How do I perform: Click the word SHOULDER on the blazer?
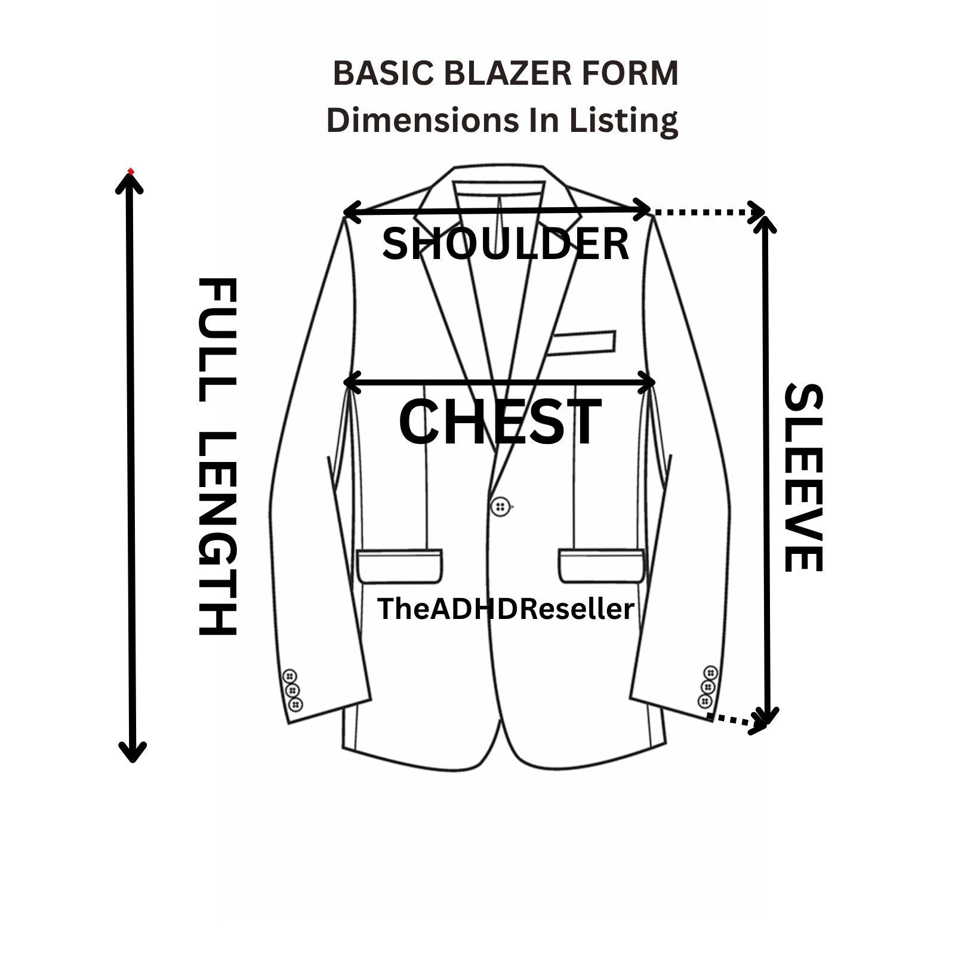pyautogui.click(x=506, y=244)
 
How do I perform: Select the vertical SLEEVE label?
pyautogui.click(x=803, y=478)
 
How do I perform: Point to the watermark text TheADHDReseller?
pyautogui.click(x=506, y=609)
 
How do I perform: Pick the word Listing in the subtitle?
pyautogui.click(x=623, y=120)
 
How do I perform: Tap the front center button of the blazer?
pyautogui.click(x=500, y=507)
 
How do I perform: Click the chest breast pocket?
pyautogui.click(x=581, y=343)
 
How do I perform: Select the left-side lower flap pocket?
pyautogui.click(x=400, y=565)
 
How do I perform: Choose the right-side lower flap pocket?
pyautogui.click(x=602, y=565)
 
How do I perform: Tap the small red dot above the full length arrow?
pyautogui.click(x=131, y=171)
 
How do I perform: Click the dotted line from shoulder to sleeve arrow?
pyautogui.click(x=704, y=211)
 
